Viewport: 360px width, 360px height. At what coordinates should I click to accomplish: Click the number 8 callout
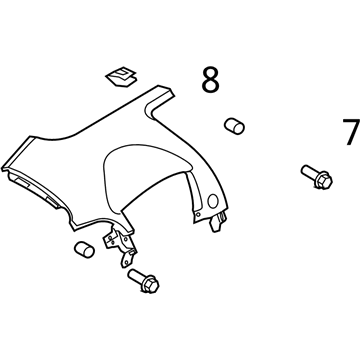[x=211, y=80]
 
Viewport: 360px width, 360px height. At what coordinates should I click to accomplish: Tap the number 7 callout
[x=351, y=132]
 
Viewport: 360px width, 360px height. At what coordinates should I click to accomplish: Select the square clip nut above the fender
[x=121, y=76]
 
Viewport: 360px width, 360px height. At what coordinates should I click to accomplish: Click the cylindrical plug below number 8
[x=234, y=126]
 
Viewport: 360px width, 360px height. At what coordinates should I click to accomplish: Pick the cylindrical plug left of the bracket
[x=84, y=249]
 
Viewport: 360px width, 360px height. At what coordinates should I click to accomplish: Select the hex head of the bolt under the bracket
[x=151, y=284]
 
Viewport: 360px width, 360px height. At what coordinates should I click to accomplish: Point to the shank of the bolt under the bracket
[x=136, y=276]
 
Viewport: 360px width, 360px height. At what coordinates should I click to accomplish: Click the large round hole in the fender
[x=213, y=201]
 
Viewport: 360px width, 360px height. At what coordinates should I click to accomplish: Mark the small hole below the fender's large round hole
[x=199, y=215]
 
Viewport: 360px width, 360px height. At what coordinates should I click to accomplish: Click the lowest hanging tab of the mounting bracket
[x=127, y=259]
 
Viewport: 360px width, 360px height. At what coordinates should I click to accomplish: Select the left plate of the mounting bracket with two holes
[x=111, y=238]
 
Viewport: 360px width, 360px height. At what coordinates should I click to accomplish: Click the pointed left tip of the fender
[x=3, y=168]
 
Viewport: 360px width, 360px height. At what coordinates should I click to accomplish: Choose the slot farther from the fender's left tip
[x=52, y=201]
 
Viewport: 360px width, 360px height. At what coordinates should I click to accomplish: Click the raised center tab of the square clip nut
[x=123, y=73]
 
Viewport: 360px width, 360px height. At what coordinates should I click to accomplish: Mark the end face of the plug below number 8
[x=239, y=128]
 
